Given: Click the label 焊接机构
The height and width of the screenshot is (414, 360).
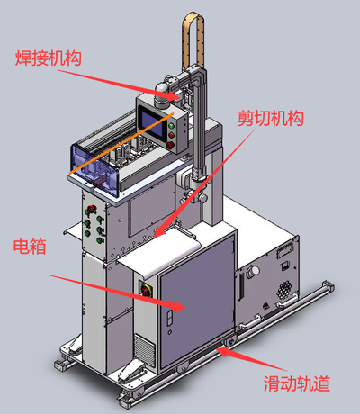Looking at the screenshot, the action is coord(49,58).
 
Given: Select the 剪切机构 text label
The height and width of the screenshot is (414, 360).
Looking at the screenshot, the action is coord(271,118).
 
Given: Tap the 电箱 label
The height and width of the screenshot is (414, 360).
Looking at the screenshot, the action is coord(30,247).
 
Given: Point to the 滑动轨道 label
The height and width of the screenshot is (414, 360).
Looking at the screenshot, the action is coord(297,383).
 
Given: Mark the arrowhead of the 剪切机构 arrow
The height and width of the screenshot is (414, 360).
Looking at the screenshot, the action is coord(159,231).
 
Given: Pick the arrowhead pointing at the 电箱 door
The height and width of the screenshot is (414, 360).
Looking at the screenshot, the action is coord(179,305).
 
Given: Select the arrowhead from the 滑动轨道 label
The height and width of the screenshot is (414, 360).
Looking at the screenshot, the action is coord(223,350).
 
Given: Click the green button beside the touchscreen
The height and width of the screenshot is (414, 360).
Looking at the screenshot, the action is coord(172,126).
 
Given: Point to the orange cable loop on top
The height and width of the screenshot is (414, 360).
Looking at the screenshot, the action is coord(193,38).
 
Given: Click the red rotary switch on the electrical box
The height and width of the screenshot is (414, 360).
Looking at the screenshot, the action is coord(147,291).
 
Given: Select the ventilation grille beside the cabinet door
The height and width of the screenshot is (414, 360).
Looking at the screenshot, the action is coord(145,350).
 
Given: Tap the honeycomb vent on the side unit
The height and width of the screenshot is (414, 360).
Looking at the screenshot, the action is coord(284,289).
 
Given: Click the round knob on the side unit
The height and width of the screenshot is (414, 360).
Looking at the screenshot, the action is coord(253,271).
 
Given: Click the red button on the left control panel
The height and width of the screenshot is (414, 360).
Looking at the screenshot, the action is coord(91,209).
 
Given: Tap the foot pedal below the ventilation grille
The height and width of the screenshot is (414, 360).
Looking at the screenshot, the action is coord(132,370).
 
